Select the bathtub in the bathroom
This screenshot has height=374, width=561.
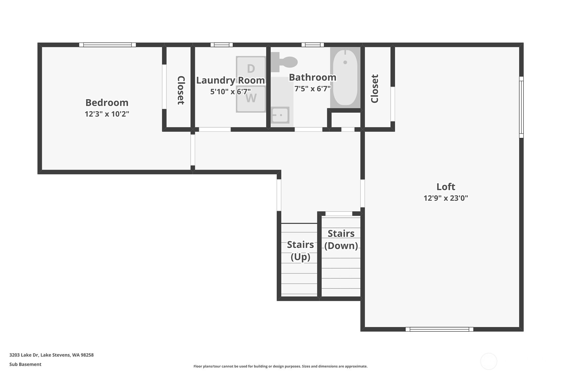coord(345,78)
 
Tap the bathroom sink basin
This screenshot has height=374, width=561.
coord(280,115)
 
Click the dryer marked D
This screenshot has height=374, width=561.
coord(251,69)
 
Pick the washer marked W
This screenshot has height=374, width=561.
coord(251,99)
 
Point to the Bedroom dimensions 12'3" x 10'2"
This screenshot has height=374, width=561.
coord(107,114)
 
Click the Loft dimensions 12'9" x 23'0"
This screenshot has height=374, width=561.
coord(446,198)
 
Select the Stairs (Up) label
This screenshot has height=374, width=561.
coord(300,250)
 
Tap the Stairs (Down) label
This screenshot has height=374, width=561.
coord(341,239)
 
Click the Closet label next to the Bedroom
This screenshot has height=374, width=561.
coord(181,90)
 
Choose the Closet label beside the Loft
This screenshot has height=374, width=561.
coord(375,89)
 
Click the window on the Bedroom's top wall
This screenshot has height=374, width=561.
coord(107,45)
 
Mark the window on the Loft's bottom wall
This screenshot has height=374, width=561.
coord(439,329)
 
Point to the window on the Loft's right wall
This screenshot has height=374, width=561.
coord(521,107)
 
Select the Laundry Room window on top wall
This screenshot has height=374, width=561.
coord(221,45)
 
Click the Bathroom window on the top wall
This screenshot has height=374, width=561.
coord(312,45)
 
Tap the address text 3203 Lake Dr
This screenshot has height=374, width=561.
coord(51,355)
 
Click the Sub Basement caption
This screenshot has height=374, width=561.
coord(25,364)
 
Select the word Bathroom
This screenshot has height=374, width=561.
coord(312,77)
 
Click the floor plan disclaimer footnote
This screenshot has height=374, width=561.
coord(280,366)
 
